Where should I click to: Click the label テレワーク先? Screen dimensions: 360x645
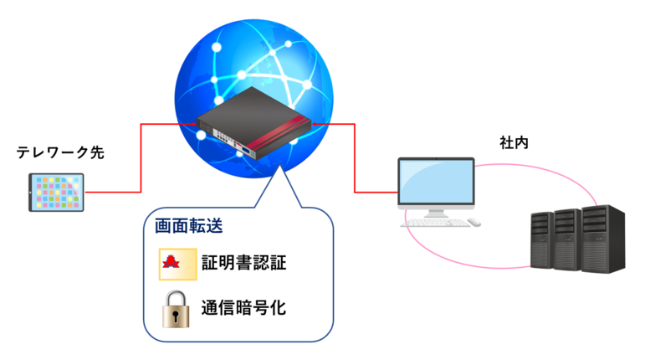tap(60, 153)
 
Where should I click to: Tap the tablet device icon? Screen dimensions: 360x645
tap(56, 193)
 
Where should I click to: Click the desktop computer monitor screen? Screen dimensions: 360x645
tap(436, 183)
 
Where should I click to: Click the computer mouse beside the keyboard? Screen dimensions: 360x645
tap(473, 223)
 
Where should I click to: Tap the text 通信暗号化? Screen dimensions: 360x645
tap(243, 307)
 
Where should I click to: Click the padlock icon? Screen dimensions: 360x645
tap(176, 307)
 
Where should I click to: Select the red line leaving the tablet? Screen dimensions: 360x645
tap(109, 193)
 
